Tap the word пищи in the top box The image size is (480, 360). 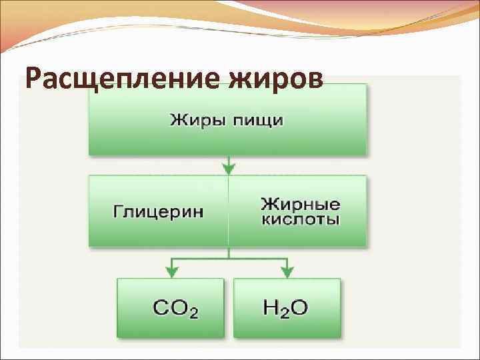257,121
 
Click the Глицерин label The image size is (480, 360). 158,211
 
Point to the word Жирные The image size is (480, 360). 300,203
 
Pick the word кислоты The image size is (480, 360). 300,219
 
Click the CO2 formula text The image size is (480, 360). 175,308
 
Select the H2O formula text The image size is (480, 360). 286,307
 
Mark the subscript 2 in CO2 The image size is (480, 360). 193,313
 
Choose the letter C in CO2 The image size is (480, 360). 161,308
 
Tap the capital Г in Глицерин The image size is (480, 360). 117,211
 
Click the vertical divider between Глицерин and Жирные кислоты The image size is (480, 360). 229,211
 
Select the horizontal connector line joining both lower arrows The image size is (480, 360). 229,257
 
